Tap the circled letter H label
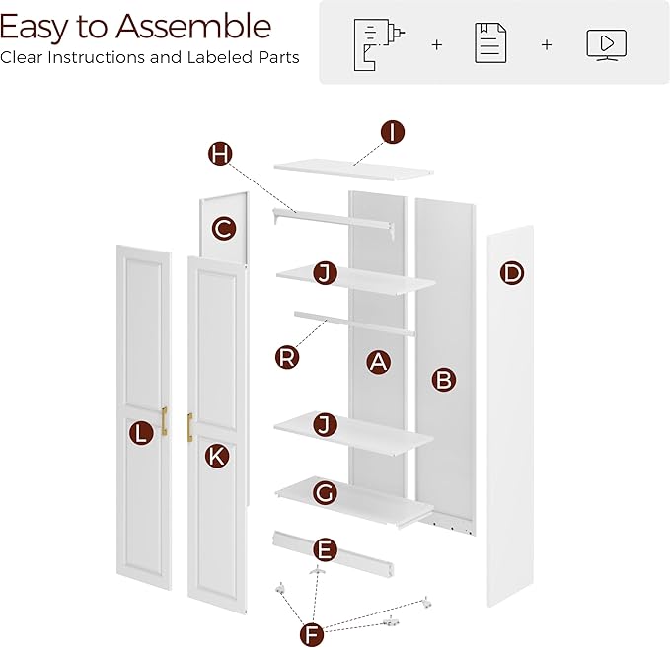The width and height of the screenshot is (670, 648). pyautogui.click(x=221, y=153)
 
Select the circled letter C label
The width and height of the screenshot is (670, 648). pyautogui.click(x=224, y=229)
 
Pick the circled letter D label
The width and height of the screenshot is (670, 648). pyautogui.click(x=511, y=273)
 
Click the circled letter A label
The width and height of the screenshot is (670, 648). pyautogui.click(x=377, y=362)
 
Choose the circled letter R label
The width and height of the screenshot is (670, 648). pyautogui.click(x=287, y=357)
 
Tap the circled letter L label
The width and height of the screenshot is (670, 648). pyautogui.click(x=142, y=432)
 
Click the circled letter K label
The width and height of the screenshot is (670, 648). pyautogui.click(x=216, y=455)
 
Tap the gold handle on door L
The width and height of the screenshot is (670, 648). pyautogui.click(x=164, y=420)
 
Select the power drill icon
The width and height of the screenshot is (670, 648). pyautogui.click(x=374, y=42)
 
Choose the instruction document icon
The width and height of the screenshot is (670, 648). pyautogui.click(x=490, y=43)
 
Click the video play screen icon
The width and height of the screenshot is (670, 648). pyautogui.click(x=606, y=43)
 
